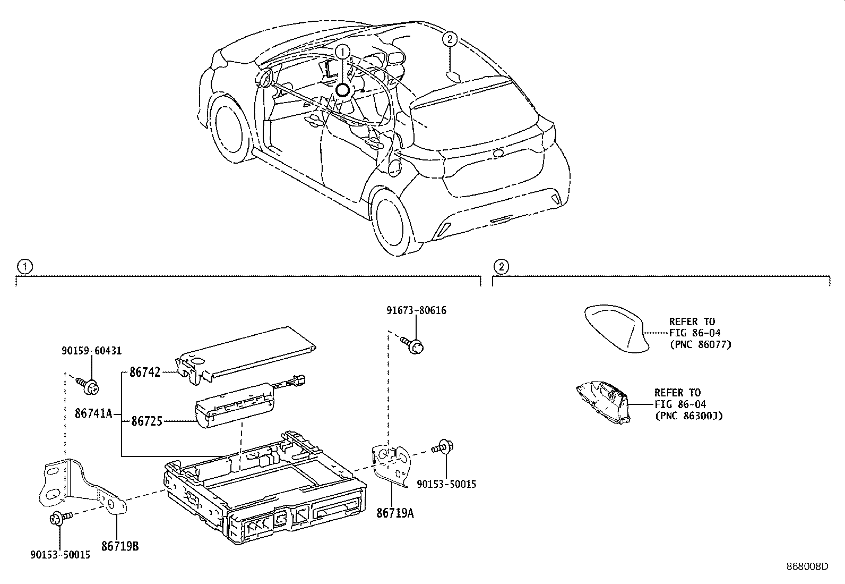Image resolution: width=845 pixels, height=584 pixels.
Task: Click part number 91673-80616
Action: pyautogui.click(x=416, y=310)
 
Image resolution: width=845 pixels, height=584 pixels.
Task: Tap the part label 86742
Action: pyautogui.click(x=145, y=373)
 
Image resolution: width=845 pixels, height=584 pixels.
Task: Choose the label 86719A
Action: pyautogui.click(x=395, y=513)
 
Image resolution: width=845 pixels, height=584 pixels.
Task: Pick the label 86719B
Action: pyautogui.click(x=120, y=545)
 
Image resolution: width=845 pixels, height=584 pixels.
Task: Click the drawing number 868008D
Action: pyautogui.click(x=807, y=566)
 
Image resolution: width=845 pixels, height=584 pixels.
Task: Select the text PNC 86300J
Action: pyautogui.click(x=689, y=416)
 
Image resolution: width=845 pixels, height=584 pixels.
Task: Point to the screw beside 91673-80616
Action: pyautogui.click(x=415, y=344)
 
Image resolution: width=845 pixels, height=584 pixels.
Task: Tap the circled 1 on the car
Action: pyautogui.click(x=343, y=52)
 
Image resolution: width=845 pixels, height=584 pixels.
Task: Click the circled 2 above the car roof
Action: pyautogui.click(x=450, y=38)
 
